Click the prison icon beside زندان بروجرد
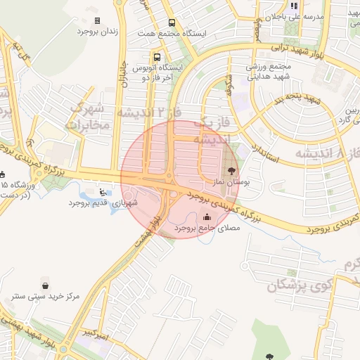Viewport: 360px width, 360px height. (97, 21)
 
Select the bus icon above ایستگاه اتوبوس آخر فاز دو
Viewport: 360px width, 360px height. (156, 57)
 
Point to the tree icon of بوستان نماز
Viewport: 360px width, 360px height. (232, 171)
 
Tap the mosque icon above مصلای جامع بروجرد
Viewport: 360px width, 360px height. (206, 217)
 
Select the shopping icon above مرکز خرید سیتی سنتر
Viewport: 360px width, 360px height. (46, 286)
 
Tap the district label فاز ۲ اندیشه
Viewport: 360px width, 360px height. (143, 112)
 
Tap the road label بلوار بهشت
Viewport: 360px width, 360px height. (159, 229)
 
